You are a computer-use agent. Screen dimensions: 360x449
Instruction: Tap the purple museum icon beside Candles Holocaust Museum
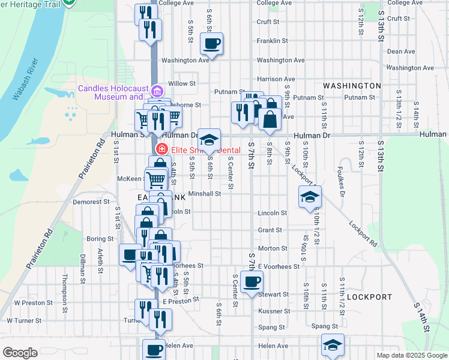(157, 91)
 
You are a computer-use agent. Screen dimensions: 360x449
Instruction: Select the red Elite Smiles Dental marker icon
(161, 149)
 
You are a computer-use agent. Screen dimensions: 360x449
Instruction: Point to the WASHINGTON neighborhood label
(352, 86)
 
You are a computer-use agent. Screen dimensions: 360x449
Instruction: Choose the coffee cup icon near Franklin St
(212, 43)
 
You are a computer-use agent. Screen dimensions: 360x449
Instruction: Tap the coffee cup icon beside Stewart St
(252, 281)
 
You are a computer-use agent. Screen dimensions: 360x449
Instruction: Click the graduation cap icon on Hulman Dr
(209, 140)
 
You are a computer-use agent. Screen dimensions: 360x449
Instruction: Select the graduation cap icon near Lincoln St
(310, 197)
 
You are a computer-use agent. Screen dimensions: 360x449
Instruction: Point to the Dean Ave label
(401, 52)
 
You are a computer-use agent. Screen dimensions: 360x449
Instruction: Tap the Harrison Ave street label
(276, 79)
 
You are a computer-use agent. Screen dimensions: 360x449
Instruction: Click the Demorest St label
(90, 202)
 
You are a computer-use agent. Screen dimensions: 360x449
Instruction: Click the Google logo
(20, 352)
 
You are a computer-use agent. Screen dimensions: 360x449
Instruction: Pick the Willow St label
(182, 83)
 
